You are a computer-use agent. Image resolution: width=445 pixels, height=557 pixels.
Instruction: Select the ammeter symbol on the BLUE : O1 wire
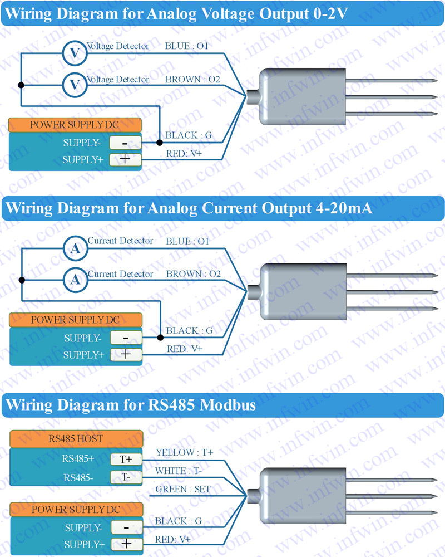[75, 248]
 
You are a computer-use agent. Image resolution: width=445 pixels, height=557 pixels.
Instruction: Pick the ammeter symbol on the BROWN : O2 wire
[75, 280]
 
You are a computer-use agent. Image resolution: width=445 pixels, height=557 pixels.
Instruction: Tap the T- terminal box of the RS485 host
[126, 477]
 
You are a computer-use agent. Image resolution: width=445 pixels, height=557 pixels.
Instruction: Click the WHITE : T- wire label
[179, 471]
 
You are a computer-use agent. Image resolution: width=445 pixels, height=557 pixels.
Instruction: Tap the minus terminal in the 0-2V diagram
[125, 143]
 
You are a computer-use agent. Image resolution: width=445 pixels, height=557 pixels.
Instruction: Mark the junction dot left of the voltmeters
[21, 85]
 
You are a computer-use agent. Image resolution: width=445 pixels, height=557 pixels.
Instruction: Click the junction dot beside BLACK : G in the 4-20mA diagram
[160, 338]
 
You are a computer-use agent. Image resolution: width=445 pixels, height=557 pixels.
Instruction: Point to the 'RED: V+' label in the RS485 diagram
[173, 539]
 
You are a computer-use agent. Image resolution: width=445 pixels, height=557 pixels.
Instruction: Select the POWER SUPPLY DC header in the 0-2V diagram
[75, 124]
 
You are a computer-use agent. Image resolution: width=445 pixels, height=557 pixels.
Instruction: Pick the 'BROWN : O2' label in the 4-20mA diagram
[194, 274]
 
